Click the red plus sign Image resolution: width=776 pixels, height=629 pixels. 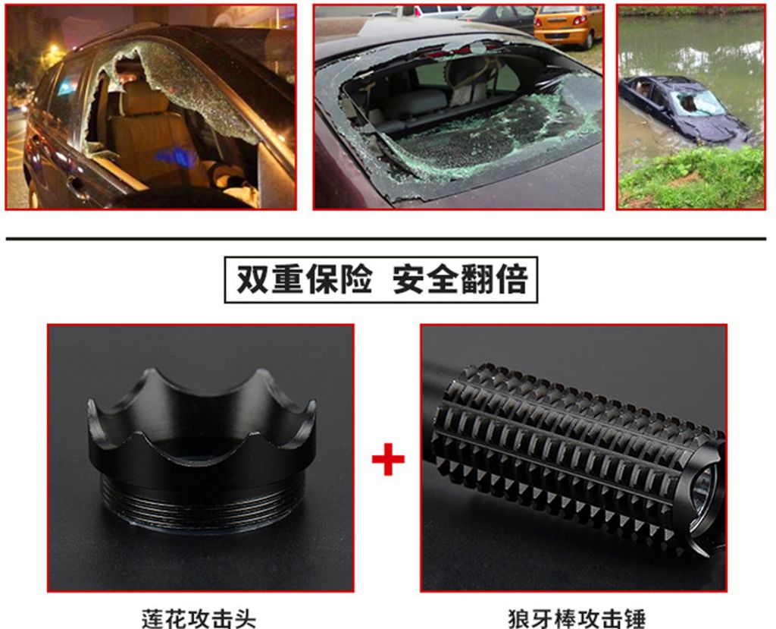(388, 459)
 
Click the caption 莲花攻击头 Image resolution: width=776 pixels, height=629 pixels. (199, 618)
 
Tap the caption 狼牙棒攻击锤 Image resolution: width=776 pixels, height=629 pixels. (577, 618)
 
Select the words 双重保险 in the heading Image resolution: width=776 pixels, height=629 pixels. (304, 280)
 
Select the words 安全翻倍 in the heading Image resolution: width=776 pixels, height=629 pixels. (460, 280)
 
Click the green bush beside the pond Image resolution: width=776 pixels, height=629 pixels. (693, 178)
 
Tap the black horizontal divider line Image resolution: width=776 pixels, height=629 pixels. (386, 239)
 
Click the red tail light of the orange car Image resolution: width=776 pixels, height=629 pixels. (579, 20)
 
